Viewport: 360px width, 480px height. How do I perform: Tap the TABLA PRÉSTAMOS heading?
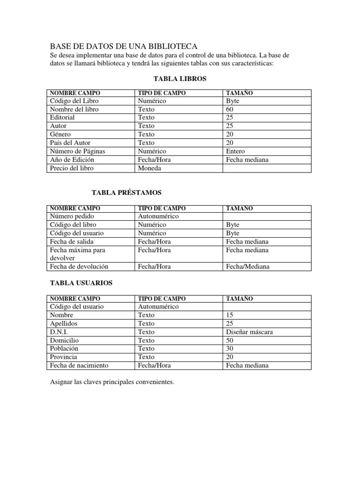[x=127, y=193]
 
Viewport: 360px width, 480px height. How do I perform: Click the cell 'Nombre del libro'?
[x=74, y=109]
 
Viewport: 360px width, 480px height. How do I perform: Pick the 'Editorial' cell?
[x=62, y=118]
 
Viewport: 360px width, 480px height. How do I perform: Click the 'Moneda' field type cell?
[x=150, y=168]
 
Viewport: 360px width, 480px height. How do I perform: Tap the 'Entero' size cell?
[x=235, y=151]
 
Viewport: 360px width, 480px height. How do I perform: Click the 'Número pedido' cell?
[x=72, y=217]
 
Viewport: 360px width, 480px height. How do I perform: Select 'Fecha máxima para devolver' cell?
[x=77, y=254]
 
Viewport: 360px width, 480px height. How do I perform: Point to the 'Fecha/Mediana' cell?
[x=247, y=267]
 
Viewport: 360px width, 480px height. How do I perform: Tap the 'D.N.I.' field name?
[x=59, y=332]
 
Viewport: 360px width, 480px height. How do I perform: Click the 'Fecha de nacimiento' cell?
[x=79, y=366]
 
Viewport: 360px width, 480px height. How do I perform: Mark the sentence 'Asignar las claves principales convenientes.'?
[x=112, y=382]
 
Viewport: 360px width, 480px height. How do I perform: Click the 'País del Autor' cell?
[x=70, y=143]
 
